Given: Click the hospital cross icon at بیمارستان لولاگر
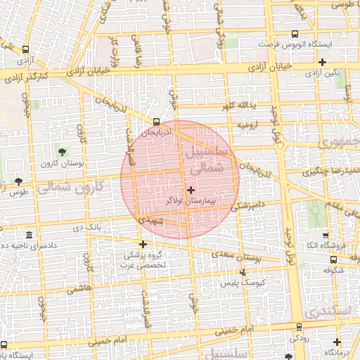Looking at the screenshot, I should point(191,190).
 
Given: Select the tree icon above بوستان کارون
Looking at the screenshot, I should point(63,151).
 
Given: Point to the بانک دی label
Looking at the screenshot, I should point(87,227).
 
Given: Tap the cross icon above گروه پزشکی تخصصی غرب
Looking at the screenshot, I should point(143,245).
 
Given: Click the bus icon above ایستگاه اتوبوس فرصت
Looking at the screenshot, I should point(295,33).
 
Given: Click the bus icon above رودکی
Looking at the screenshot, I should point(300,326).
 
